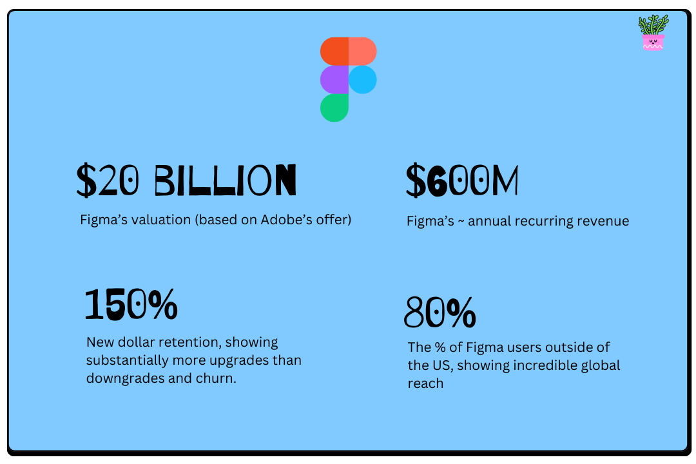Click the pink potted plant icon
653,33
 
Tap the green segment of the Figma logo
334,108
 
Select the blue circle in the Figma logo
363,79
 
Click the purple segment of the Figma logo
334,79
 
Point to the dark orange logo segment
334,51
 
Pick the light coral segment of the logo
362,51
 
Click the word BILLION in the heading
225,181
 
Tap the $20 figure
107,181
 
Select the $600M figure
462,181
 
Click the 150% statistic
131,305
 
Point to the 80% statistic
440,313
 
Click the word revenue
603,221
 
